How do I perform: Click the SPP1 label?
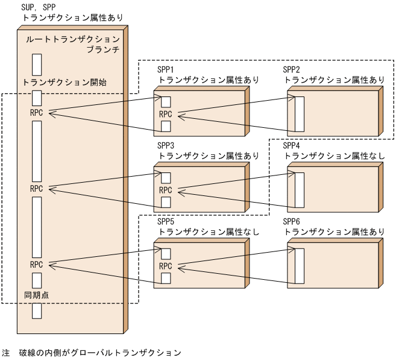pos(166,69)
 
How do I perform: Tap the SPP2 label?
pos(292,69)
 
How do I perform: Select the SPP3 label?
pos(166,146)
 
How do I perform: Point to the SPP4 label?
pos(292,146)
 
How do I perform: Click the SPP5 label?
pos(166,222)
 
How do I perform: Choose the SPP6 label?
pos(292,222)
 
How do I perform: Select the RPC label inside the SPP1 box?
pos(166,114)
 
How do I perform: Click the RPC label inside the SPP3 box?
pos(166,190)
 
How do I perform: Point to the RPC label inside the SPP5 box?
pos(166,266)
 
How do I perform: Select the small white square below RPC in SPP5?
pos(166,278)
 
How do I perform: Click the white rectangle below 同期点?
pos(37,311)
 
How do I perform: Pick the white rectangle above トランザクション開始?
pos(37,65)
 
